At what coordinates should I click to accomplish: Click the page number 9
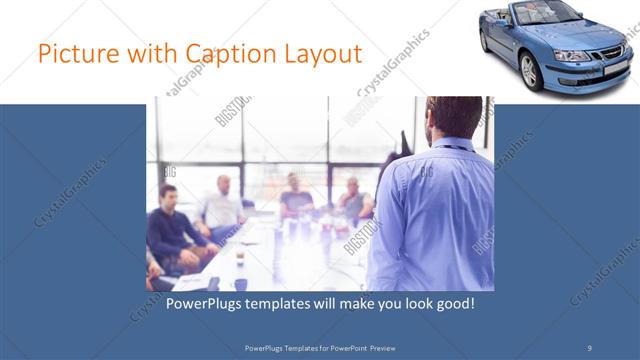[x=589, y=347]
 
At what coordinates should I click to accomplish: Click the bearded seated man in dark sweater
[x=171, y=225]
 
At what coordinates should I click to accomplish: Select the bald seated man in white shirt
[x=222, y=205]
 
